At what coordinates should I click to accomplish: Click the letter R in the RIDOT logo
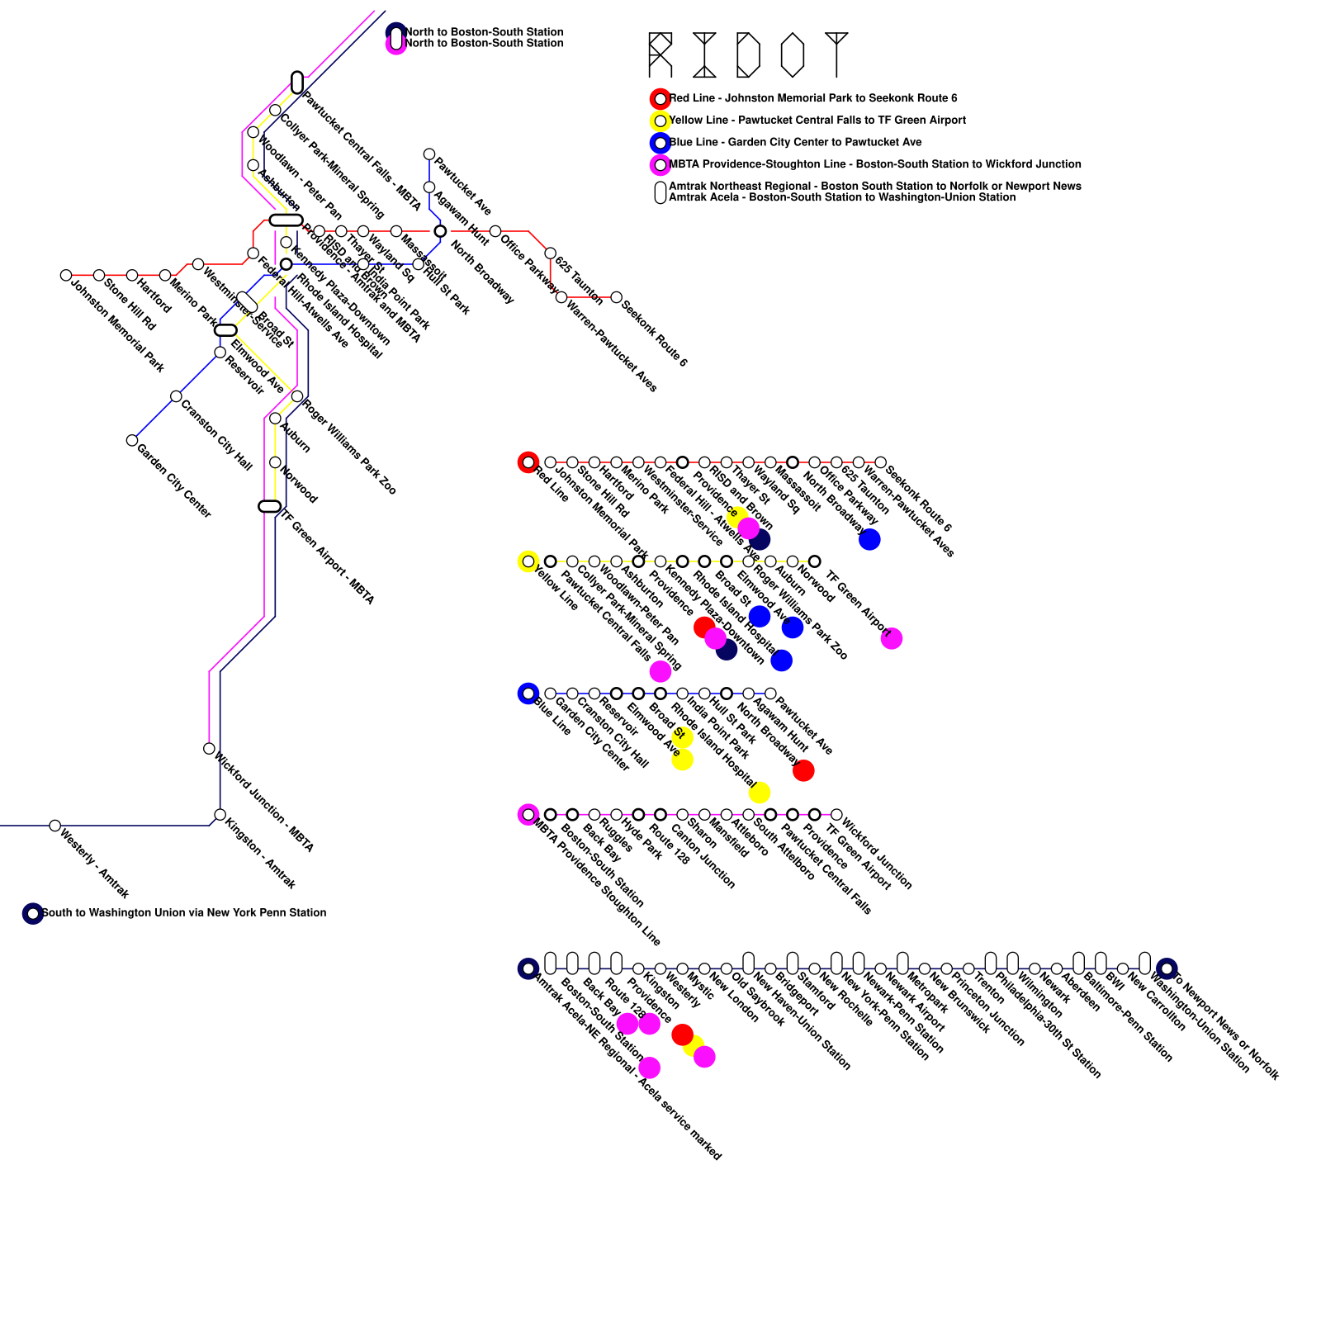click(x=660, y=54)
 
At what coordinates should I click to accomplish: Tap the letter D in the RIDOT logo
click(x=748, y=54)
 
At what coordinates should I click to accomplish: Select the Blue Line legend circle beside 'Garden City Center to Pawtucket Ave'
click(x=660, y=143)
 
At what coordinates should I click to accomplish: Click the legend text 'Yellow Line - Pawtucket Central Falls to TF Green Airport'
click(x=817, y=121)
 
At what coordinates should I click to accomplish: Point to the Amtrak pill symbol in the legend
click(x=660, y=192)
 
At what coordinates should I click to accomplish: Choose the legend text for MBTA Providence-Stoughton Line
click(x=874, y=164)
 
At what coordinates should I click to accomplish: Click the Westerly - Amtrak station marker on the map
click(x=55, y=826)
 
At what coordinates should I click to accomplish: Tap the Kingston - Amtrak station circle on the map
click(x=220, y=815)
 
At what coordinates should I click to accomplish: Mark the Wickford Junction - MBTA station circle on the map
click(x=210, y=749)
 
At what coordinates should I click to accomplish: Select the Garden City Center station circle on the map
click(x=132, y=440)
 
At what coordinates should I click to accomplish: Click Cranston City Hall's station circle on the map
click(x=176, y=396)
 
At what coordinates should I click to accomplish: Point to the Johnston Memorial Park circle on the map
click(x=66, y=275)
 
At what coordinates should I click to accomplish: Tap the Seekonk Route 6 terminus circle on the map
click(x=616, y=297)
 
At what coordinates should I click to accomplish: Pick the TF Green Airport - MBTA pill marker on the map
click(x=270, y=506)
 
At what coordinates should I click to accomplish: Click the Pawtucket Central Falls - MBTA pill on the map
click(x=297, y=83)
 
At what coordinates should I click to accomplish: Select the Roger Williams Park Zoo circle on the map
click(x=297, y=396)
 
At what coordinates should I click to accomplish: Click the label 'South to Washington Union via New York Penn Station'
click(x=183, y=913)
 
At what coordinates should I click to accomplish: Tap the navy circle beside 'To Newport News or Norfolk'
click(x=1167, y=968)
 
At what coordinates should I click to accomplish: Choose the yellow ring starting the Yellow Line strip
click(x=528, y=561)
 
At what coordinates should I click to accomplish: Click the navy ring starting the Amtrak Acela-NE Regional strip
click(x=528, y=968)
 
